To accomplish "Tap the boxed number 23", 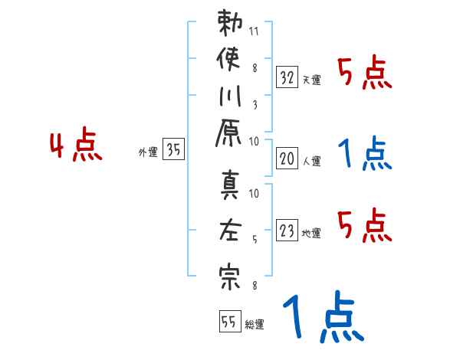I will [287, 230].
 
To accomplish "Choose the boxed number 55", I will [228, 321].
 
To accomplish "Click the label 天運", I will [311, 80].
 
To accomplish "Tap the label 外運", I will [147, 152].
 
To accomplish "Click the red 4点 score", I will [76, 146].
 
